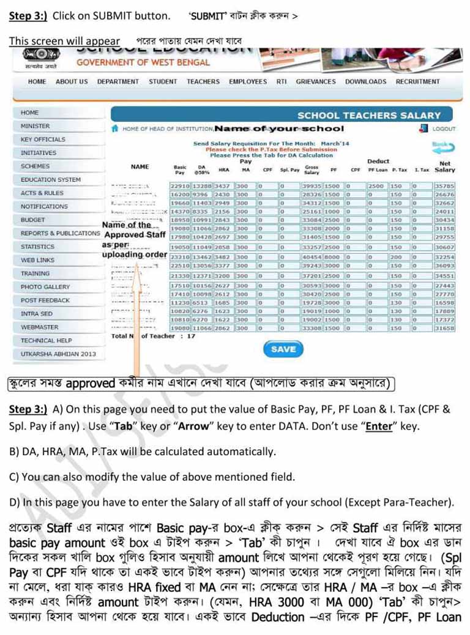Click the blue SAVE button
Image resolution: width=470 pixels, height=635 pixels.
283,349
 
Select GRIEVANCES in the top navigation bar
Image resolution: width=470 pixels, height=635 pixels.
316,81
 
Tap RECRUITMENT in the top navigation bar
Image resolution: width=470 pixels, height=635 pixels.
417,81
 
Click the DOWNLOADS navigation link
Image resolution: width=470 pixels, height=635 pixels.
365,81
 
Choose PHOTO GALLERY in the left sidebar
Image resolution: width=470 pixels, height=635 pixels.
45,287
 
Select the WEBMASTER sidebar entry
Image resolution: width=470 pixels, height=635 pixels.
40,327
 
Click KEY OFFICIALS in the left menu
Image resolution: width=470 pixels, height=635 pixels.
43,139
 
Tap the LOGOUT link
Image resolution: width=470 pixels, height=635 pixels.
444,129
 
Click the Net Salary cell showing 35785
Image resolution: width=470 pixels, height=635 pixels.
445,185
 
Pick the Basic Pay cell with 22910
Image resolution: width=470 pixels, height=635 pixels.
180,185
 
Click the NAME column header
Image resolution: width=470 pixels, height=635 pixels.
140,166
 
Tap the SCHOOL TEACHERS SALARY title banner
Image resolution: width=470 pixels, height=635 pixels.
368,115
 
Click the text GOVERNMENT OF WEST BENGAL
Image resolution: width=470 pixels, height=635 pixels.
143,62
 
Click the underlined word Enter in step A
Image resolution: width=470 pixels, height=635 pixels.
378,426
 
